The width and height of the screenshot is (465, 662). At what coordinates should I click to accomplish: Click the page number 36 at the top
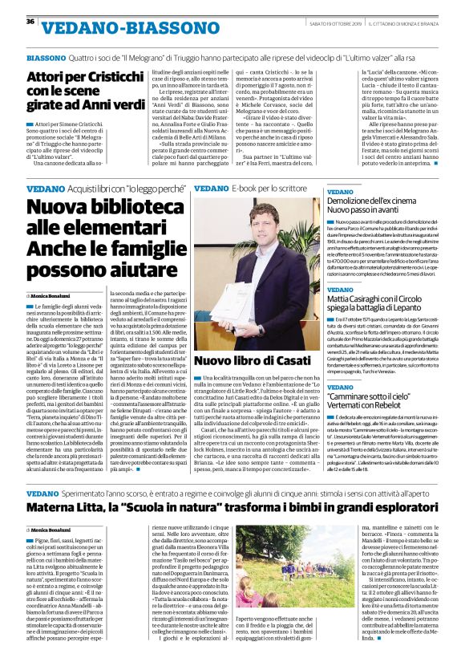coord(30,21)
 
